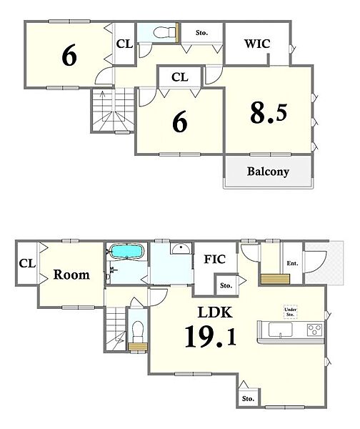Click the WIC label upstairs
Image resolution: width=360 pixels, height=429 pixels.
(x=257, y=44)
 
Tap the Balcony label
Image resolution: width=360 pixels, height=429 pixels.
(x=268, y=172)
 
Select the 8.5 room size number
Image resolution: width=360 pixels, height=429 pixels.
(x=269, y=113)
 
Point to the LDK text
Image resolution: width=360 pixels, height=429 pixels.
(x=215, y=312)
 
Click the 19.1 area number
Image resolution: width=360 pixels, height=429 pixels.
(x=210, y=337)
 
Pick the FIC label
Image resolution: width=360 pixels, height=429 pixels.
(x=215, y=259)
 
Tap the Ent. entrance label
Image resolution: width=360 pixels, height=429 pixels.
(x=292, y=263)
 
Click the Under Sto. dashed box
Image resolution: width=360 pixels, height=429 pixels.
(x=290, y=312)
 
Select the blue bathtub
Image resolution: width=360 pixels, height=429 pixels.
(x=126, y=251)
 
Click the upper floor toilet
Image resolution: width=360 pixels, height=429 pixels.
(x=164, y=33)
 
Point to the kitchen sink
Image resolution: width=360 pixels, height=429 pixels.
(x=281, y=330)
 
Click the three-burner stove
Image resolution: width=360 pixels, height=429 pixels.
(x=315, y=329)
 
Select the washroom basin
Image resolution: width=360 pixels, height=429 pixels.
(x=181, y=248)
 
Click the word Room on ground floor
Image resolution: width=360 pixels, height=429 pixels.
(x=71, y=275)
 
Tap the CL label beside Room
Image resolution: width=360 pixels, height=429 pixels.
(x=27, y=263)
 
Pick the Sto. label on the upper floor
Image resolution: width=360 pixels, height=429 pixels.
(x=201, y=33)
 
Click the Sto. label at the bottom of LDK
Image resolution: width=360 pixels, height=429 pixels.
(x=248, y=399)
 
